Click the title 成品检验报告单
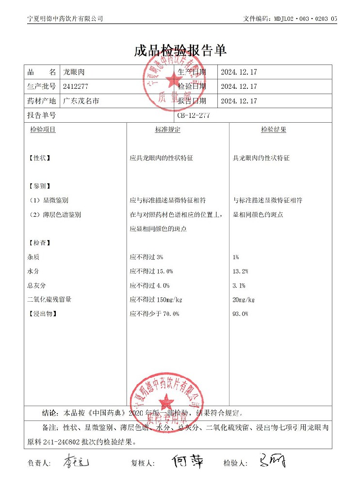pos(180,50)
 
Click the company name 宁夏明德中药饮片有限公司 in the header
pos(65,18)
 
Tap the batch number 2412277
pos(76,86)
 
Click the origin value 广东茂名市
pos(81,101)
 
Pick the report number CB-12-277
pos(194,115)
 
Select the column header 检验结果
pos(273,130)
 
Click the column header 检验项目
pos(43,130)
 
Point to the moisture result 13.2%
pos(241,271)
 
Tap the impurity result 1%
pos(236,257)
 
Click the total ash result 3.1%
pos(239,286)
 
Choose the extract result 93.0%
pos(241,314)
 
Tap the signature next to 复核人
pos(187,461)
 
